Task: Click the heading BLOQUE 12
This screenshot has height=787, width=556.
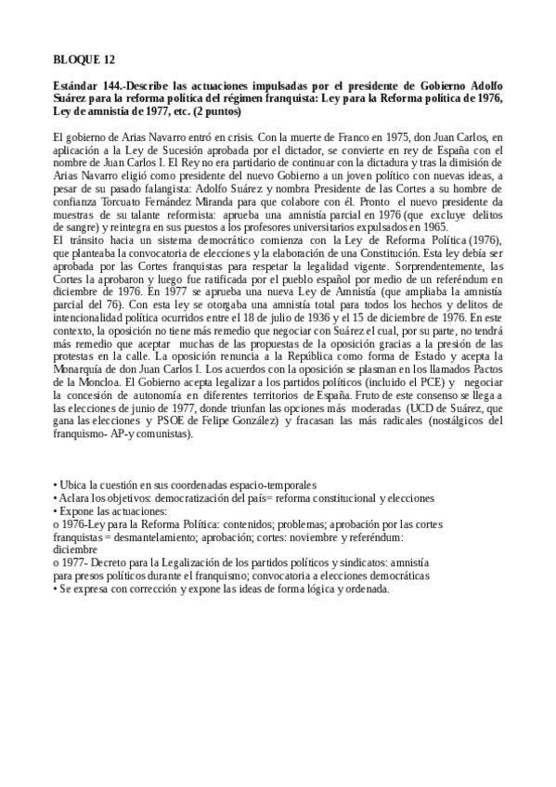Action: coord(84,60)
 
